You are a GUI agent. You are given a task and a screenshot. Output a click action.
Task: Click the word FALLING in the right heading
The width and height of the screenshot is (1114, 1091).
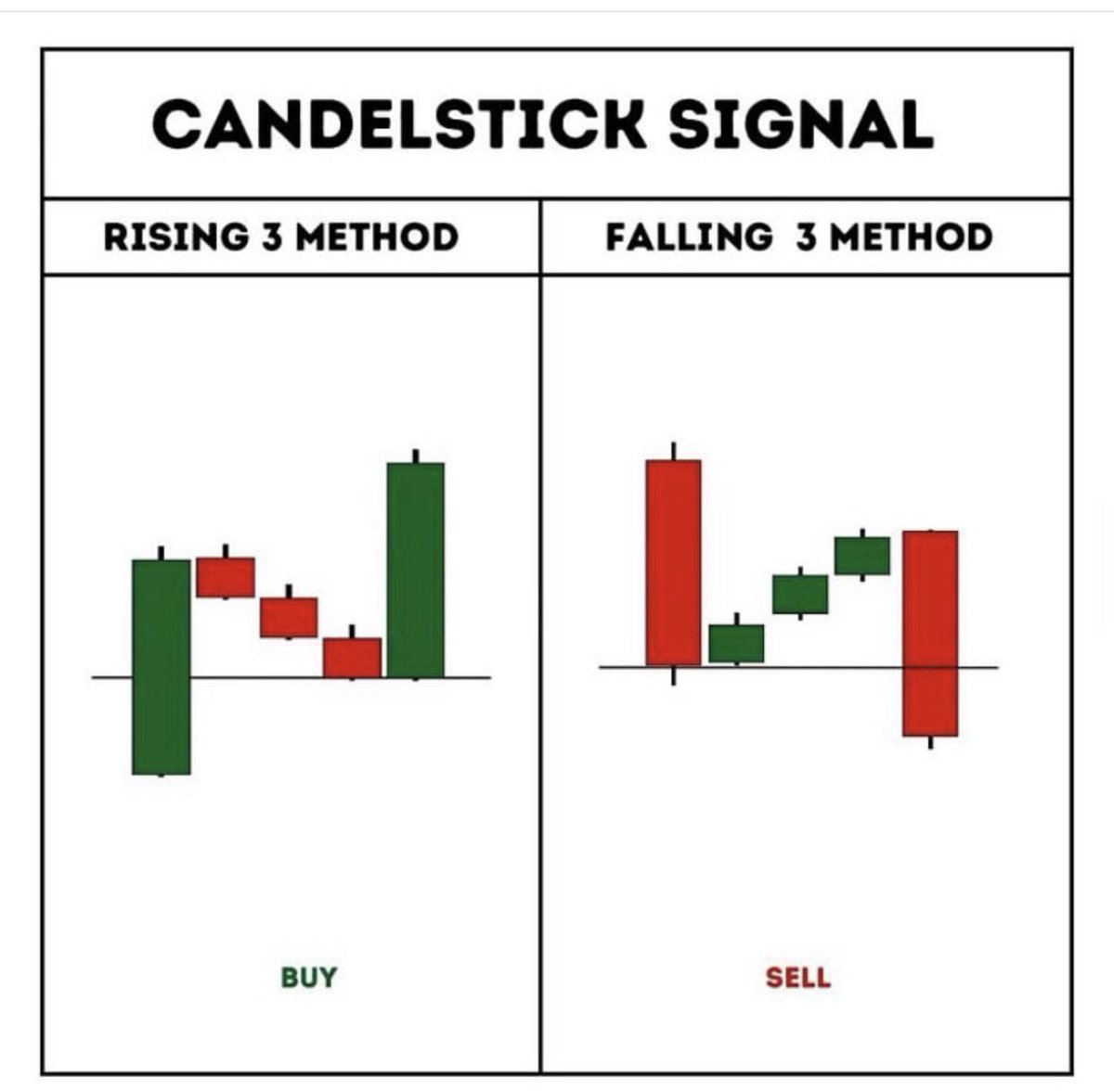(x=688, y=237)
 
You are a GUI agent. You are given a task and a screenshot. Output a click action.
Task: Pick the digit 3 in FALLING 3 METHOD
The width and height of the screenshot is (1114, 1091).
(x=807, y=237)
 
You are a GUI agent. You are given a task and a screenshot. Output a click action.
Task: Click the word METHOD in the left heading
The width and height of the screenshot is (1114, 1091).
(x=376, y=237)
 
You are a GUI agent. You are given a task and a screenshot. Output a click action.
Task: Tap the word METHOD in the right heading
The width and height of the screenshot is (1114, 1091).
(x=910, y=237)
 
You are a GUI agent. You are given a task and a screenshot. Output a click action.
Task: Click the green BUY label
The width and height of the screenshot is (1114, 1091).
(x=309, y=977)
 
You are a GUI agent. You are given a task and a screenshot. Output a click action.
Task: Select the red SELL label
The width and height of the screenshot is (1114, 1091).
(x=798, y=977)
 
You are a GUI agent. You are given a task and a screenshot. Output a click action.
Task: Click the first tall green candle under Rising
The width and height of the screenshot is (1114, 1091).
(x=162, y=666)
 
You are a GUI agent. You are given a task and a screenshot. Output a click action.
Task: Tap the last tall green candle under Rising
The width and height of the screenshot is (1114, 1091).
(x=416, y=570)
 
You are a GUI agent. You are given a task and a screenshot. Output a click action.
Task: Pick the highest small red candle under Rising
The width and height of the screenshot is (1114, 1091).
(x=226, y=577)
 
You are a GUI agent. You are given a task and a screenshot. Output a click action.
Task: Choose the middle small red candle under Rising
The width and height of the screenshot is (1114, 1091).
(x=289, y=617)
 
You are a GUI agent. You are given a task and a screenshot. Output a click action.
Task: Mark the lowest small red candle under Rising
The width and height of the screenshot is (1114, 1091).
(x=352, y=657)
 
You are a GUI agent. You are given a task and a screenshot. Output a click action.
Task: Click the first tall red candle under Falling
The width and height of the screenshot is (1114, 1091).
(x=674, y=562)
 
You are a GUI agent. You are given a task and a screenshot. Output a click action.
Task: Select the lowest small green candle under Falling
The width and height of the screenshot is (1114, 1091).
(x=736, y=643)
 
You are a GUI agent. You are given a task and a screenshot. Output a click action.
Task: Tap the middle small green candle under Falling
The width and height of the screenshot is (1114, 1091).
(x=800, y=594)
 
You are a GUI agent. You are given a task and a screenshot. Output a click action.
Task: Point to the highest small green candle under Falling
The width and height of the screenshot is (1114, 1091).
(x=862, y=556)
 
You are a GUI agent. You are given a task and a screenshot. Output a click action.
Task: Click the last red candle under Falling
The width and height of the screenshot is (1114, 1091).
(x=930, y=634)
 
